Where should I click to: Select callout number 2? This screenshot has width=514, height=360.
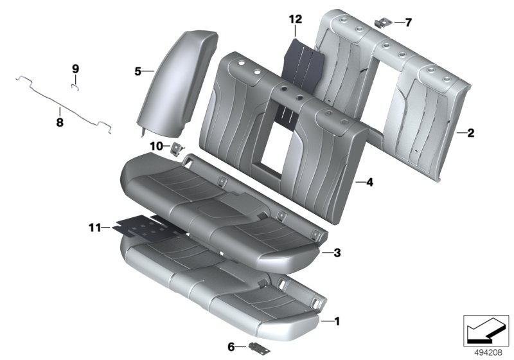click(470, 134)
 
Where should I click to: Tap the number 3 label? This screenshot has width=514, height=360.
click(337, 253)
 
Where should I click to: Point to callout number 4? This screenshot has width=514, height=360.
click(369, 183)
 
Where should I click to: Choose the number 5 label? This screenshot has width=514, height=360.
click(137, 72)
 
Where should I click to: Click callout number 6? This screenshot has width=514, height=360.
click(232, 346)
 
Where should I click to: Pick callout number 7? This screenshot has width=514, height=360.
click(409, 22)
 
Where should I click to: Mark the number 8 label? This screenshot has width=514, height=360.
click(59, 120)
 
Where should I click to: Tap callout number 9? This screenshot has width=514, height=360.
click(75, 68)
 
